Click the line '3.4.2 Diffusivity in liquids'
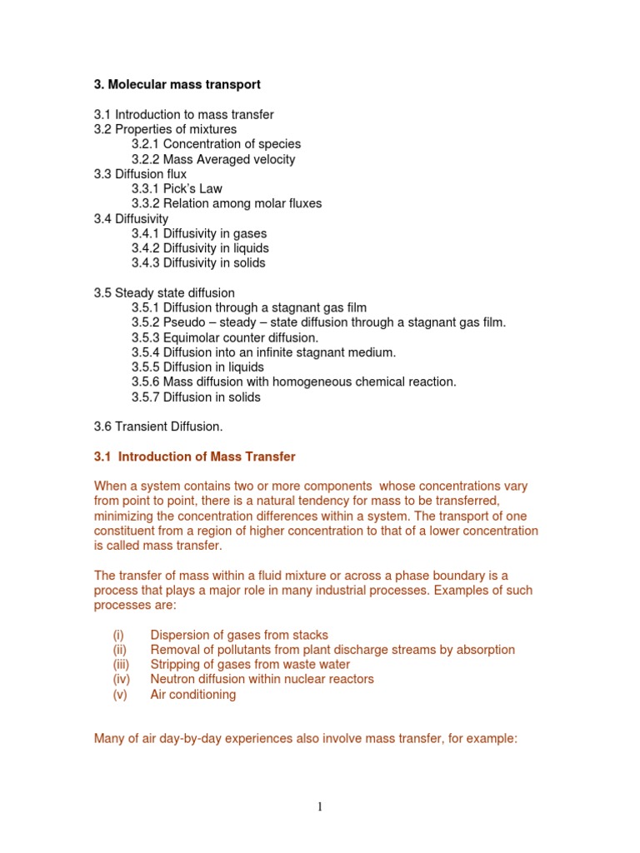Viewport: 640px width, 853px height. (x=200, y=248)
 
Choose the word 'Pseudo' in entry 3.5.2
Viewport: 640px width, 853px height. (x=187, y=322)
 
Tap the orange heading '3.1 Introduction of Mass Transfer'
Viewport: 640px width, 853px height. (x=195, y=456)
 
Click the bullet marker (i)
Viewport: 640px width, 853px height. (x=118, y=635)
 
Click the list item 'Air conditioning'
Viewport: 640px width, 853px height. (x=192, y=695)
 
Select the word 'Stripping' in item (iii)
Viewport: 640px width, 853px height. (x=176, y=665)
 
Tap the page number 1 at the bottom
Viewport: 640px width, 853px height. (x=320, y=806)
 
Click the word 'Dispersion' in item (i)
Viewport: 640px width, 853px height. (x=182, y=635)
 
